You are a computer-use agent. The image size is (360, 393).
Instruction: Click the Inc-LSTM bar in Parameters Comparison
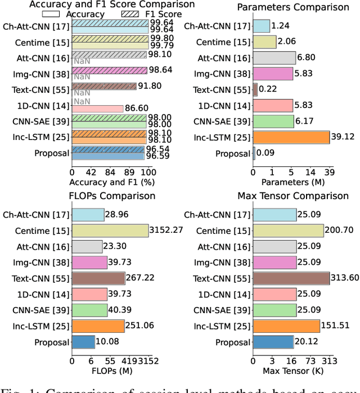pos(291,137)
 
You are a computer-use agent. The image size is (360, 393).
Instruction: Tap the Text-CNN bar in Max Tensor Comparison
pos(291,278)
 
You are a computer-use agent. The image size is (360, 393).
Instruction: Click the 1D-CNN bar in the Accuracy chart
pos(98,109)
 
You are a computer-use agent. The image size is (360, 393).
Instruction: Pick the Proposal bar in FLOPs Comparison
pos(83,342)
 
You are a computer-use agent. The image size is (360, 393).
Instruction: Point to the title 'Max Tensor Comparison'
pos(293,196)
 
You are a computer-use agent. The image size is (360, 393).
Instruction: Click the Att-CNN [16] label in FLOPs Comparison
pos(47,246)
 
